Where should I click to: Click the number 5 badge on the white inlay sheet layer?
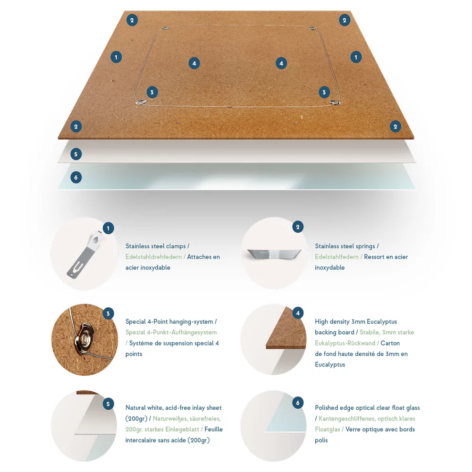click(x=76, y=154)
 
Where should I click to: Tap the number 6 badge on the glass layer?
click(x=76, y=177)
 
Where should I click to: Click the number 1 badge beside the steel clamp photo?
click(x=108, y=228)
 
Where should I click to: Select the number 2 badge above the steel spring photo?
click(x=298, y=227)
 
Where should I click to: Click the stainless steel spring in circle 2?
click(x=274, y=253)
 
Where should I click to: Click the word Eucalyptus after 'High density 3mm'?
click(x=382, y=321)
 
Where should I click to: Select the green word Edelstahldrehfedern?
click(x=153, y=257)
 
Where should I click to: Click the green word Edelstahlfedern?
click(x=337, y=257)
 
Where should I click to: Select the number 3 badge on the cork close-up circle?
click(x=108, y=314)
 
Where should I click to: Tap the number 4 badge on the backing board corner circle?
click(x=298, y=313)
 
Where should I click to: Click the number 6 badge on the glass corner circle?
click(x=298, y=403)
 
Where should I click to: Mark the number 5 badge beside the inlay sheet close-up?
click(x=108, y=404)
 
